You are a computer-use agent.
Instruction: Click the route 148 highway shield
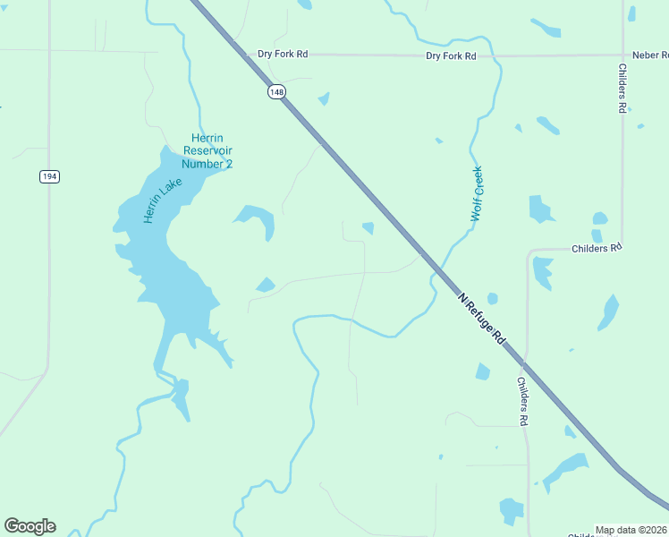tap(275, 91)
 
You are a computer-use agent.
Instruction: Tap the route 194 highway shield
tap(49, 176)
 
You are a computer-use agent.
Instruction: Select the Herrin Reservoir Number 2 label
tap(207, 150)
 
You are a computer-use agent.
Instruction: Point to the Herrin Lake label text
tap(162, 200)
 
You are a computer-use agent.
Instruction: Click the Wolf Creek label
tap(478, 194)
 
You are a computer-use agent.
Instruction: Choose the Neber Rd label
tap(650, 55)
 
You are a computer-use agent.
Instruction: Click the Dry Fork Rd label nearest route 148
tap(283, 55)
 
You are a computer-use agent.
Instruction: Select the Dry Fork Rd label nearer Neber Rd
tap(451, 55)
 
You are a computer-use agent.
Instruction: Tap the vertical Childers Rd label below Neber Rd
tap(622, 88)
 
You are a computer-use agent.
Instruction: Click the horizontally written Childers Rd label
tap(596, 248)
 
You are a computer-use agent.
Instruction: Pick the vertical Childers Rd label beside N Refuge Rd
tap(523, 401)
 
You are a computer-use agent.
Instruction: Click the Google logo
tap(30, 526)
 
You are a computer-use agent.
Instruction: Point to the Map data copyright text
tap(631, 530)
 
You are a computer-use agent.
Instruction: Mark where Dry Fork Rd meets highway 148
tap(246, 54)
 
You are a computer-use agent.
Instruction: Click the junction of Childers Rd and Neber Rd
tap(622, 55)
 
